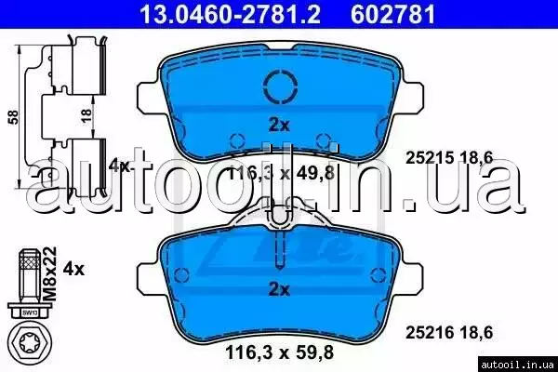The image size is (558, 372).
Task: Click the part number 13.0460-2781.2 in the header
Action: (231, 14)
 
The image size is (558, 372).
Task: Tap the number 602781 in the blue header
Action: (392, 14)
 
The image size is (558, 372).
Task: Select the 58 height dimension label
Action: (13, 117)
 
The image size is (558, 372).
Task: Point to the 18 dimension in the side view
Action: (86, 115)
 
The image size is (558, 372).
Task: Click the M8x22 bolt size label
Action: (49, 273)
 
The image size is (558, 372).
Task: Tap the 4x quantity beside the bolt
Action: (73, 269)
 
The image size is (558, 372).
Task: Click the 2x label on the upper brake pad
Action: (279, 125)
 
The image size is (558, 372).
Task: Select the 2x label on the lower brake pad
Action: (279, 290)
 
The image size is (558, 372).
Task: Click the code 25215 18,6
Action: (449, 157)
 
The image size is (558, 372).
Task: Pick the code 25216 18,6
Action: (449, 333)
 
